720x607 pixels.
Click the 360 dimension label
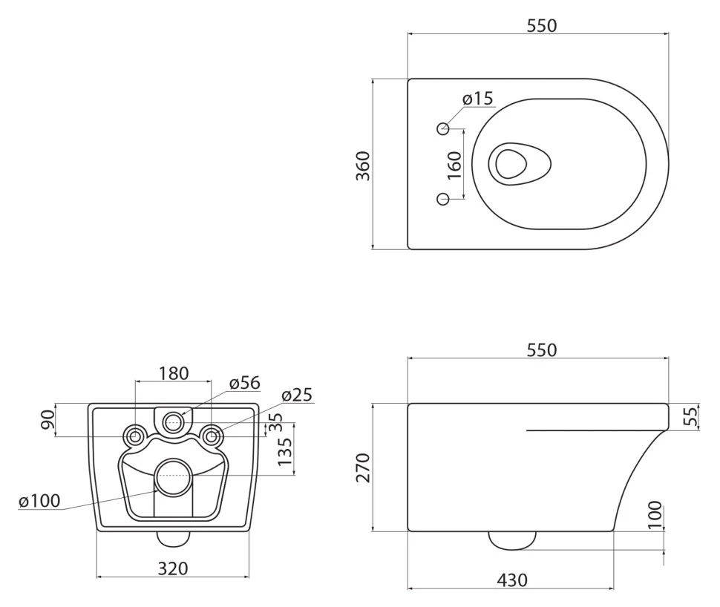tap(363, 165)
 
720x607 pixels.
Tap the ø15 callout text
tap(477, 98)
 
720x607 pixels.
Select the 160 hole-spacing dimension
tap(454, 165)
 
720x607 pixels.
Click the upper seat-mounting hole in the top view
tap(443, 128)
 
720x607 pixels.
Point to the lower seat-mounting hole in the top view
tap(443, 199)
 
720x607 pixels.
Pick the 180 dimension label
tap(174, 373)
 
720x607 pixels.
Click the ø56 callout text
tap(245, 382)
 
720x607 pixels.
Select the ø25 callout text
tap(297, 395)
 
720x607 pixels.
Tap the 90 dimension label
tap(48, 420)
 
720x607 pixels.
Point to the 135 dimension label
tap(285, 451)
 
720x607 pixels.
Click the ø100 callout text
tap(39, 500)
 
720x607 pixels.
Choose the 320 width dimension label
tap(173, 568)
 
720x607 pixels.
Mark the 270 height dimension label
tap(363, 467)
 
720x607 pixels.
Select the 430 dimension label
tap(512, 580)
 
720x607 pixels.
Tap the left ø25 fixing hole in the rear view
tap(135, 436)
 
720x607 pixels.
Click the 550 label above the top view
tap(542, 26)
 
